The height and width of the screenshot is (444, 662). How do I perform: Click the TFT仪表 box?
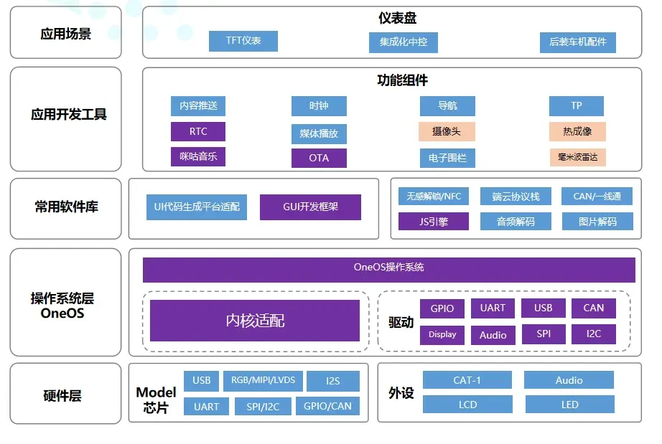[x=243, y=41]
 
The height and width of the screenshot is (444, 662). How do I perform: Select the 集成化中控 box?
[x=403, y=42]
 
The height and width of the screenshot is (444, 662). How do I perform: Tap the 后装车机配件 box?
[x=577, y=42]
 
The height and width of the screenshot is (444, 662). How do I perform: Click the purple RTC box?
[x=198, y=132]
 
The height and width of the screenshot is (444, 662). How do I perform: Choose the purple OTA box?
[x=319, y=158]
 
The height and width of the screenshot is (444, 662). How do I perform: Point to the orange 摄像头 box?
[x=447, y=132]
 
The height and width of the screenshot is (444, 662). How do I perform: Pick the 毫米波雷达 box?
[x=577, y=157]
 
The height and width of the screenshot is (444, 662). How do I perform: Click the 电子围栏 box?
[x=447, y=158]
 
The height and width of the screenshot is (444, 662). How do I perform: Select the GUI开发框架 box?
[x=310, y=207]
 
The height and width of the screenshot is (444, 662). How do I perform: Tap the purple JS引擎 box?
[x=433, y=222]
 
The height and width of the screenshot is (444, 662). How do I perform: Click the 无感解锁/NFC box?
[x=433, y=196]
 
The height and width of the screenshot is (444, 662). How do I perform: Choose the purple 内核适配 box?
[x=255, y=321]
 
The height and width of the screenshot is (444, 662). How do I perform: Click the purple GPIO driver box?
[x=442, y=308]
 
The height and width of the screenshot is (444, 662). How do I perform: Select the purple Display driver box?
[x=442, y=334]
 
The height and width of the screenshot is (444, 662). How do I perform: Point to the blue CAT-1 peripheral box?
[x=467, y=380]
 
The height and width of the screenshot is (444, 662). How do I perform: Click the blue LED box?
[x=569, y=405]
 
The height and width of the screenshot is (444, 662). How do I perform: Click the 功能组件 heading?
[x=402, y=80]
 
